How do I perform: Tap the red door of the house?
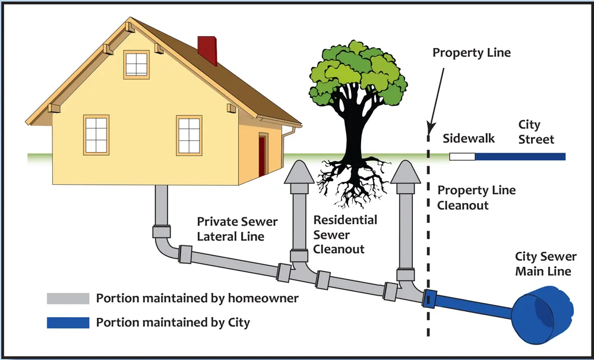tap(262, 156)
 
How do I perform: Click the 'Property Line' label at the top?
tap(471, 53)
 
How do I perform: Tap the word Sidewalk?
tap(469, 139)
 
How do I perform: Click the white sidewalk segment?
tap(463, 157)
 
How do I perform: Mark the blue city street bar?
tap(520, 157)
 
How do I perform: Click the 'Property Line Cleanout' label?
tap(476, 198)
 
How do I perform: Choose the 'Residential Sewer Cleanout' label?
tap(345, 235)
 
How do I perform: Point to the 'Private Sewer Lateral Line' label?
tap(237, 229)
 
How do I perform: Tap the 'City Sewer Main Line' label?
tap(545, 264)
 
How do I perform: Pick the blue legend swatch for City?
tap(68, 323)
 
